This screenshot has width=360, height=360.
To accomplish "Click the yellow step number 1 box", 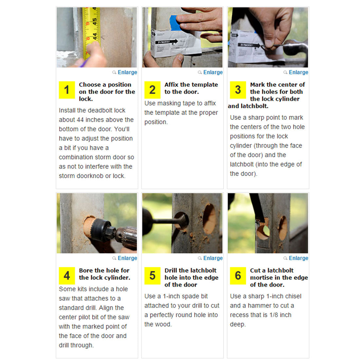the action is pos(67,90).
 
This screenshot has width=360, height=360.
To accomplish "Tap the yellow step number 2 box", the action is pos(153,90).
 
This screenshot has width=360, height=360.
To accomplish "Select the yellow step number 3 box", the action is pos(238,90).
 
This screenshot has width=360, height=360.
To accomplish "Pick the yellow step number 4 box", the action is pos(67,276).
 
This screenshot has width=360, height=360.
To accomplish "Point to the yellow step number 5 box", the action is pos(153,276).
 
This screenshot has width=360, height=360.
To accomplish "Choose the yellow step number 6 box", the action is pos(238,276).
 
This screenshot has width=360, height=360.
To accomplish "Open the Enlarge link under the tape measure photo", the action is pos(127,72).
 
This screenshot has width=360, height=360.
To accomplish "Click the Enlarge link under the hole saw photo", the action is pos(127,258).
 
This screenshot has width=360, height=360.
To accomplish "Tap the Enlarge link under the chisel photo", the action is pos(298,258).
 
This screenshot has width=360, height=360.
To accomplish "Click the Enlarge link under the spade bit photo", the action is pos(213,258).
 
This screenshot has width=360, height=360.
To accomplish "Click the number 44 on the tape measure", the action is pos(95,36).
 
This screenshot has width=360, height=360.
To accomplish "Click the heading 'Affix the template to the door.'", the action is pos(191,88).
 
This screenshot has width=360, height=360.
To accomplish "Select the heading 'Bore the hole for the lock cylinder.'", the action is pos(104,274).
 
